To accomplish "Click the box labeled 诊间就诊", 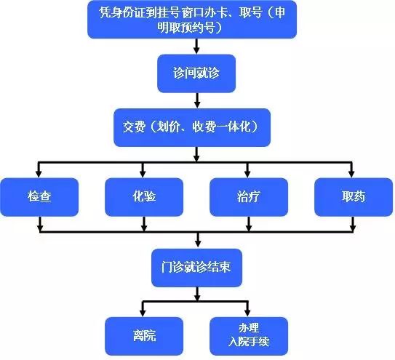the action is click(196, 73).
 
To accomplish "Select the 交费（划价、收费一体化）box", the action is click(192, 127).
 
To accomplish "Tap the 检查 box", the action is click(39, 197).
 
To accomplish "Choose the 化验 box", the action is click(144, 197).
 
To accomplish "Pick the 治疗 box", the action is click(249, 197).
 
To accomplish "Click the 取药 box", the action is click(354, 197).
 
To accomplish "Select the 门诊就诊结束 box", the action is click(196, 268).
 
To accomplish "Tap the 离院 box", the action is click(144, 336).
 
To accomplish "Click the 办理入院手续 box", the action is click(249, 336).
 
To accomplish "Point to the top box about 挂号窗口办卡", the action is click(192, 20).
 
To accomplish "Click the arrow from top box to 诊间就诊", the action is click(196, 47).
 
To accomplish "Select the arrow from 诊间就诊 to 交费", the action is click(198, 100).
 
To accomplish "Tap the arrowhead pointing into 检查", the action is click(39, 174).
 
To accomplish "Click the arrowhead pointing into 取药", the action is click(352, 174).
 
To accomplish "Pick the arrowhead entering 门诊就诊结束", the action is click(198, 244).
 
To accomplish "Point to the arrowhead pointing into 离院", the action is click(143, 313).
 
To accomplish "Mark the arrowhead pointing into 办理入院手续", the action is click(247, 313).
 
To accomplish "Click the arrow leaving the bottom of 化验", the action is click(144, 224).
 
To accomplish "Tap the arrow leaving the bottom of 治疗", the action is click(249, 224).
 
